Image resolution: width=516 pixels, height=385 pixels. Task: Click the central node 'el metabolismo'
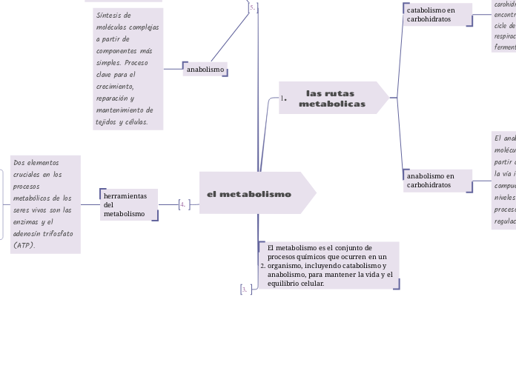(250, 194)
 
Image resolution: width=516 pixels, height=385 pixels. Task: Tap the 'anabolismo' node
(205, 70)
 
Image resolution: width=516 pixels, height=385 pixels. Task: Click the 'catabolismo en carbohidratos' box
(437, 14)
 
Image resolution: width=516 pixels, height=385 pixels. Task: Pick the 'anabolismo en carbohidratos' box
(437, 180)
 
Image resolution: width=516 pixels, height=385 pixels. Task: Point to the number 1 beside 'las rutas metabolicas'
(283, 98)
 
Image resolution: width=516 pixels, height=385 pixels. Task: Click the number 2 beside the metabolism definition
(262, 265)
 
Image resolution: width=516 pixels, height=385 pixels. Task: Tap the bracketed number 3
(244, 290)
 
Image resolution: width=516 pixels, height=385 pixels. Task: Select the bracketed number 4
(182, 204)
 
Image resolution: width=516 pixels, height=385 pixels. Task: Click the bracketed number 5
(252, 7)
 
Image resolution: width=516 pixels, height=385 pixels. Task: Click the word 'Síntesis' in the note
(108, 15)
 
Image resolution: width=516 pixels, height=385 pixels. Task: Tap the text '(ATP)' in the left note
(24, 245)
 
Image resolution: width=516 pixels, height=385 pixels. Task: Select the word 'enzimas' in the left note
(27, 221)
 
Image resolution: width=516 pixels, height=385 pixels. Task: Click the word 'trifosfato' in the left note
(56, 233)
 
